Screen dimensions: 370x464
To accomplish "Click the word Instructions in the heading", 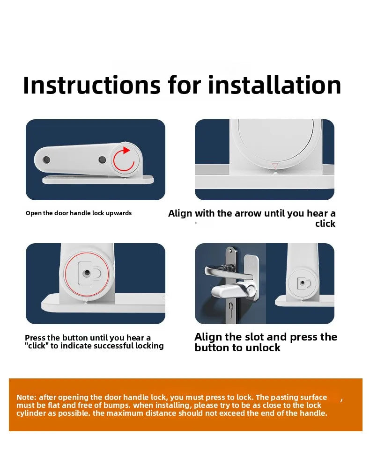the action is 92,85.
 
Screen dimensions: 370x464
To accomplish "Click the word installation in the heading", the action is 274,85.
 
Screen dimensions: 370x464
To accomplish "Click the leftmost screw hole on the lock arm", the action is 46,160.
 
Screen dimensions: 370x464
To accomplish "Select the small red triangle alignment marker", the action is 275,166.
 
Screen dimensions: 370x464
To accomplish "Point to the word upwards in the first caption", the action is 119,213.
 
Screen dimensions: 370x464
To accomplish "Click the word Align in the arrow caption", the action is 180,214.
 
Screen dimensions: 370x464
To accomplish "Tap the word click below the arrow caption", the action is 325,224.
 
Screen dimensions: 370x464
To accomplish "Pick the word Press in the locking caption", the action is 35,338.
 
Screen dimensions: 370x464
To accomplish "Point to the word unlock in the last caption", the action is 263,348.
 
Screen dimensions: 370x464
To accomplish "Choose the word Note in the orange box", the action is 26,398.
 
